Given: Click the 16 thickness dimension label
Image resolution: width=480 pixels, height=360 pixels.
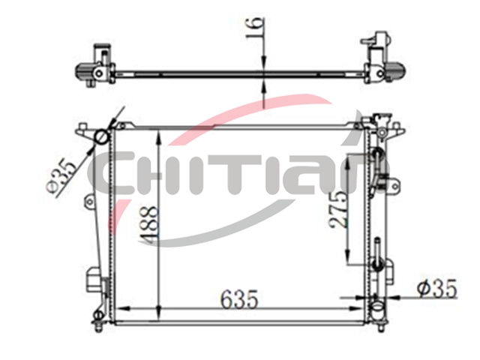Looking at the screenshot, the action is point(255,28).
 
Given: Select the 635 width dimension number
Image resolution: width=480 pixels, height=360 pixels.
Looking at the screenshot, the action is point(239,298).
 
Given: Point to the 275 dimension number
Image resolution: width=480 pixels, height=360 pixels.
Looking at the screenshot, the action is point(339,210).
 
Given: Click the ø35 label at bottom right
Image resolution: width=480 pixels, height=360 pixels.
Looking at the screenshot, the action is point(438,288).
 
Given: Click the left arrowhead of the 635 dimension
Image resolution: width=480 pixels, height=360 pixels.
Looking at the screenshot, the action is point(123,309).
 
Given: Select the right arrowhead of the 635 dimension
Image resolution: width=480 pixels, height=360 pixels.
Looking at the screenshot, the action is point(358,309).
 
